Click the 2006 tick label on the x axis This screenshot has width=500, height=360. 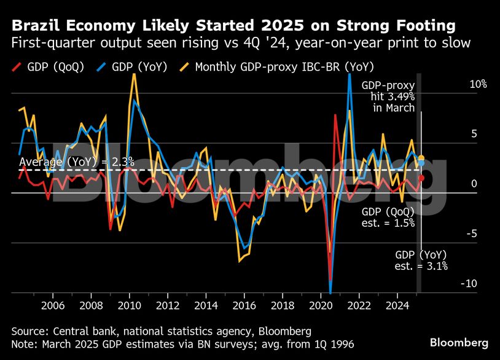point(53,305)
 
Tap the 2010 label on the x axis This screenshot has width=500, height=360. point(130,305)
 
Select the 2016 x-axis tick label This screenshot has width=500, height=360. point(244,305)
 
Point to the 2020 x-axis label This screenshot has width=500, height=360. point(321,305)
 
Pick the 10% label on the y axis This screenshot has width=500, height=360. point(478,84)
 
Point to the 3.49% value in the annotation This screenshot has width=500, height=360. point(401,97)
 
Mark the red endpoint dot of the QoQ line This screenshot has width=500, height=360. point(421,178)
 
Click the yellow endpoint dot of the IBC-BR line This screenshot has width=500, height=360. point(421,158)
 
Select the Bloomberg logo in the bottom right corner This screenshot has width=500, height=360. point(459,342)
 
